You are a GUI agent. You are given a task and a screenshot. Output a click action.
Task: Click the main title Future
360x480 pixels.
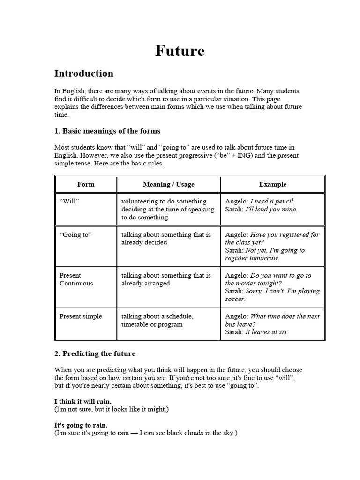click(180, 51)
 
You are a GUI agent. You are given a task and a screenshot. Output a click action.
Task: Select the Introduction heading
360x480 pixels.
click(84, 74)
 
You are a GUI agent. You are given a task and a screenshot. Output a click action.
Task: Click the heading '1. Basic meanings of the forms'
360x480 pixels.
click(107, 131)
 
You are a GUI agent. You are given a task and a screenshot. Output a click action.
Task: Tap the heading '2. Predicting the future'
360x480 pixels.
click(95, 353)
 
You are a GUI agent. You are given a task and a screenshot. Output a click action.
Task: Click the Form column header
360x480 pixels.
click(86, 184)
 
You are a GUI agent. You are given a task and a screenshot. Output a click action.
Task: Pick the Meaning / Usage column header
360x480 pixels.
click(168, 184)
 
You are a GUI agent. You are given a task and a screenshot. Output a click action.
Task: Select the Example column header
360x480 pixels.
click(272, 184)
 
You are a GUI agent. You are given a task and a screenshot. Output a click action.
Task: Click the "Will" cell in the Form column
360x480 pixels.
click(69, 202)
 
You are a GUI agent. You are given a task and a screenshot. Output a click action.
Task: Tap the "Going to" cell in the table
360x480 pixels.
click(75, 235)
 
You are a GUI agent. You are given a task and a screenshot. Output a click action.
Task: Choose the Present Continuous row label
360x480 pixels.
click(76, 279)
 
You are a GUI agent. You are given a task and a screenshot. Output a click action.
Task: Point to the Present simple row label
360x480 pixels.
click(81, 316)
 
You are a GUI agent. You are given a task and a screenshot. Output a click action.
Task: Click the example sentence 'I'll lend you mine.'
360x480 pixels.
click(271, 210)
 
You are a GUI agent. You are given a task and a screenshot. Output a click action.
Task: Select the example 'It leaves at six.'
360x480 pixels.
click(267, 332)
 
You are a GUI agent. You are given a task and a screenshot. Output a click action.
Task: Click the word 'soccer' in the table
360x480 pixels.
click(235, 299)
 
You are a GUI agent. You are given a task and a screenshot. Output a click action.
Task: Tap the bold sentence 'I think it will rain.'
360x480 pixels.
click(83, 402)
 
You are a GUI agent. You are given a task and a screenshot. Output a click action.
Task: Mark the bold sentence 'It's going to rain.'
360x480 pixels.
click(81, 425)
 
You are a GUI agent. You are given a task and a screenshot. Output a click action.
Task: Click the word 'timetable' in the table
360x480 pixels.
click(136, 324)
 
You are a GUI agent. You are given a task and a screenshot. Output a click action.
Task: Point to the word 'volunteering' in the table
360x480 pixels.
click(140, 202)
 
